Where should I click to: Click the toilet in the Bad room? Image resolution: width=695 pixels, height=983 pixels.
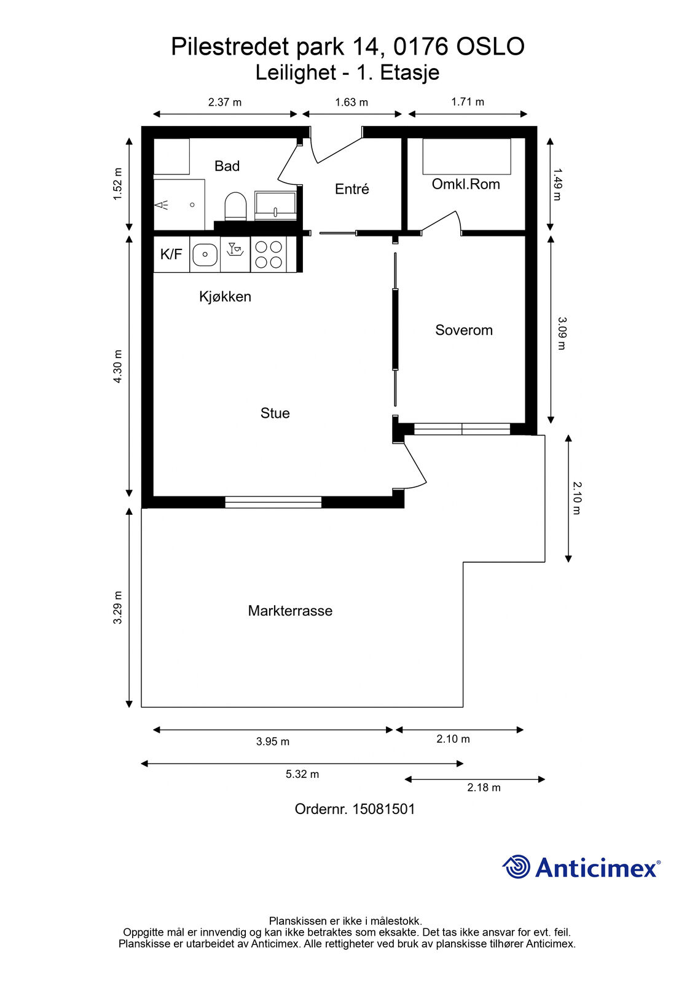click(235, 206)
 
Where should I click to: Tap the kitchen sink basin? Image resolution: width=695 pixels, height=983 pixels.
click(205, 254)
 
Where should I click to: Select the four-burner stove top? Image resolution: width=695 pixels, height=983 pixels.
click(269, 254)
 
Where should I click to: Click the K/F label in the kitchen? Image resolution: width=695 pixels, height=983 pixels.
click(171, 254)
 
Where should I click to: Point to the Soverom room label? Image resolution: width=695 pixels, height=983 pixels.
click(463, 330)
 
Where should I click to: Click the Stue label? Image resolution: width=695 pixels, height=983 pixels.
click(275, 413)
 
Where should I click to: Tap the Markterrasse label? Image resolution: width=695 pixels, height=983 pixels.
click(290, 611)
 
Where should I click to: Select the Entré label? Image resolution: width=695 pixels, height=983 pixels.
click(351, 189)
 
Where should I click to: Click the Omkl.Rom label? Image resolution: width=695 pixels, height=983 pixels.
click(466, 184)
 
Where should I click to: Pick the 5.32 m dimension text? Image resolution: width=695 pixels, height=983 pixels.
click(302, 774)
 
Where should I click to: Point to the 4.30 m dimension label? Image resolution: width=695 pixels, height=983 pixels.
click(117, 366)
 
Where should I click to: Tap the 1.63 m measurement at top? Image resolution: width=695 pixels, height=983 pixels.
click(351, 102)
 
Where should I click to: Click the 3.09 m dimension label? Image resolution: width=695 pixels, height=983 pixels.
click(562, 334)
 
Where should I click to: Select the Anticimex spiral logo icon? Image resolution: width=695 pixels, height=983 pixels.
click(516, 867)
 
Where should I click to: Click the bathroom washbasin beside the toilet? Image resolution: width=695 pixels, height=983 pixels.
click(275, 205)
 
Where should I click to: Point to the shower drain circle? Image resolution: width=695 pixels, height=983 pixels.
click(192, 205)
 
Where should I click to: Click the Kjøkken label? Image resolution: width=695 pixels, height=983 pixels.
click(226, 297)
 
